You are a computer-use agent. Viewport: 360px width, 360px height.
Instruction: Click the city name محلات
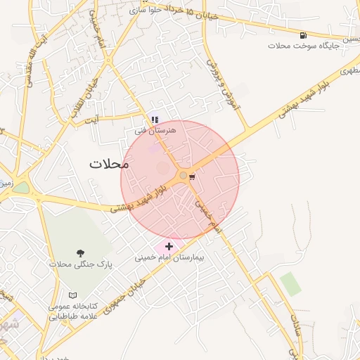110,164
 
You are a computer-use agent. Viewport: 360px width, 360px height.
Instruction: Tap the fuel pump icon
303,35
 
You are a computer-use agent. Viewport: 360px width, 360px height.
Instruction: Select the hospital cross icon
169,246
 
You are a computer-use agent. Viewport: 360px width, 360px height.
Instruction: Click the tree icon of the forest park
82,253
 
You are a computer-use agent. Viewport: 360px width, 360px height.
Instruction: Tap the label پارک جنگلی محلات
81,264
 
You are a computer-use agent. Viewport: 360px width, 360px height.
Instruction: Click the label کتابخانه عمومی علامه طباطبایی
72,311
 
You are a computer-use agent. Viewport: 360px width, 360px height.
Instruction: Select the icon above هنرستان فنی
155,120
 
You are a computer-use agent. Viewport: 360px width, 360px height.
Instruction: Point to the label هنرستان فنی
155,130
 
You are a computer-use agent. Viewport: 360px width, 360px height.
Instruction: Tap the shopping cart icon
193,176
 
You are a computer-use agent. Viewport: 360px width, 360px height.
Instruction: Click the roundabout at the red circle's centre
184,175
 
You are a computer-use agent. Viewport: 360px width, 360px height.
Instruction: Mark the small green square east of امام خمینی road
290,283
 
